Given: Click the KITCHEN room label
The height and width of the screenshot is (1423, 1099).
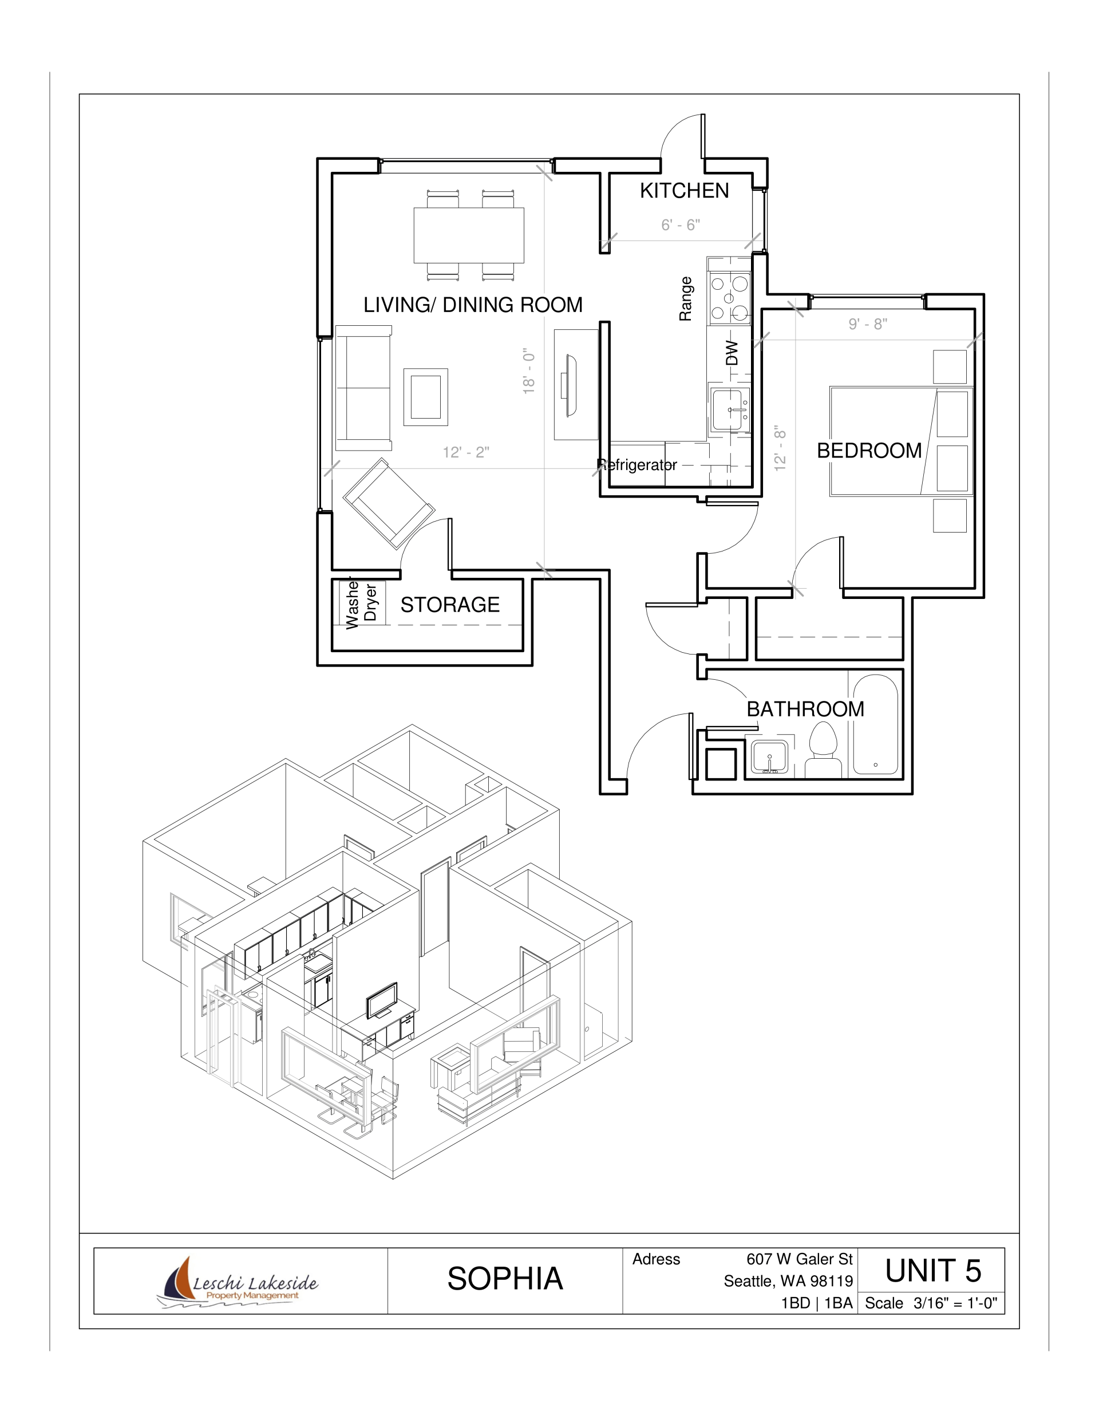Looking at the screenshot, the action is click(x=684, y=190).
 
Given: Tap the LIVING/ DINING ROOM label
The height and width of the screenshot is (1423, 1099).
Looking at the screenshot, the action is click(x=473, y=304).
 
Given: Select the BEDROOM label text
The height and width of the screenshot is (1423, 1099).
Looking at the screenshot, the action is click(x=869, y=450).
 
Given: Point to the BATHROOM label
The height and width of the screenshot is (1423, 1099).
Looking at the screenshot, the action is click(x=805, y=709).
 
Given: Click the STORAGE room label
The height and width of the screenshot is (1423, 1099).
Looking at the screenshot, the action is click(x=450, y=605).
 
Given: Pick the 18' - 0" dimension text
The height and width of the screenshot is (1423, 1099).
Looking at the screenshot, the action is click(x=528, y=370).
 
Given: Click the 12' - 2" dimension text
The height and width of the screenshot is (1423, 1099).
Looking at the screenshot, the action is click(x=466, y=452).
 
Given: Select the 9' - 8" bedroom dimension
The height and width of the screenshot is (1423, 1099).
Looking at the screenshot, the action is click(x=868, y=324).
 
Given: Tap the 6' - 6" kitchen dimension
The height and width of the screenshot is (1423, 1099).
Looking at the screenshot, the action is click(x=681, y=225).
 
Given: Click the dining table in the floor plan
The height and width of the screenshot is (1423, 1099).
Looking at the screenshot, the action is click(x=469, y=235).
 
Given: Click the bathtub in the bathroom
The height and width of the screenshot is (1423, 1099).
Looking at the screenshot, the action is click(x=876, y=724).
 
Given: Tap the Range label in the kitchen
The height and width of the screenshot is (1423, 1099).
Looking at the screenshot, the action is click(x=685, y=298).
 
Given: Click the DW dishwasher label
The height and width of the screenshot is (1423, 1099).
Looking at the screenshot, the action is click(x=732, y=353).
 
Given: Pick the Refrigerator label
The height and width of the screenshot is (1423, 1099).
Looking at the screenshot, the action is click(x=637, y=464).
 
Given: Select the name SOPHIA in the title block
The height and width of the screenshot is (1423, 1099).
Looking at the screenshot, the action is click(x=505, y=1278).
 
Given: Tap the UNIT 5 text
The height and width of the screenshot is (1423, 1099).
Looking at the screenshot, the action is click(x=933, y=1271).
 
